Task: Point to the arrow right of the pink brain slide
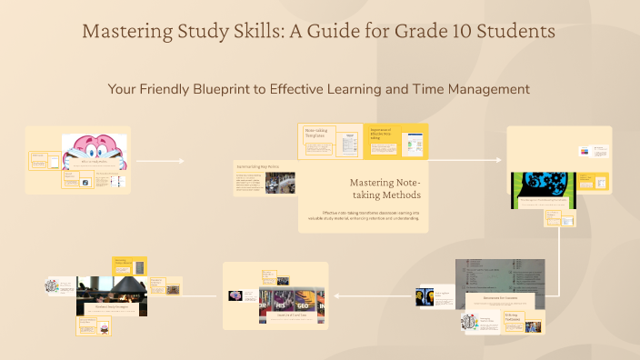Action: (160, 161)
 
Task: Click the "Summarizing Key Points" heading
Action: (260, 166)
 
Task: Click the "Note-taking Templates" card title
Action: (316, 134)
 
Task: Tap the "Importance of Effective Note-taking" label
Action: (383, 134)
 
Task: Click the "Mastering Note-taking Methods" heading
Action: (385, 188)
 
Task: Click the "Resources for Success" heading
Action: (500, 296)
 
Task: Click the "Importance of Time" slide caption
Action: (275, 314)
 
